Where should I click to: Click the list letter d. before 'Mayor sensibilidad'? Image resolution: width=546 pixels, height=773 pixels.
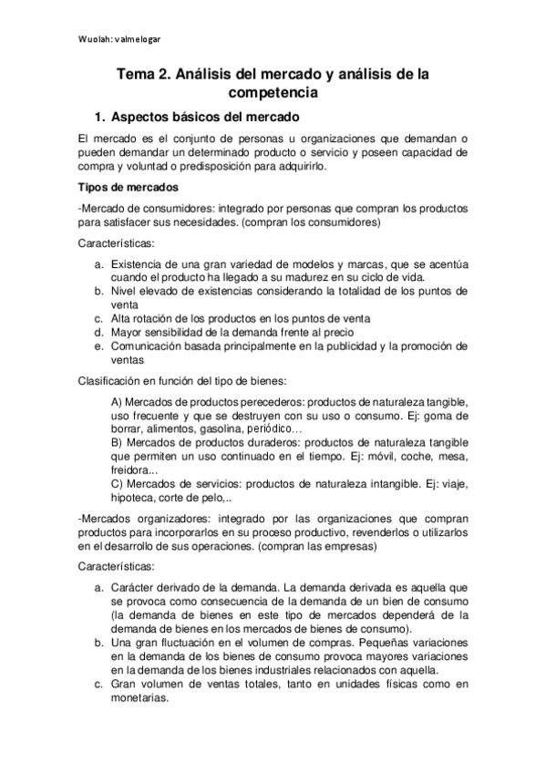click(98, 332)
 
